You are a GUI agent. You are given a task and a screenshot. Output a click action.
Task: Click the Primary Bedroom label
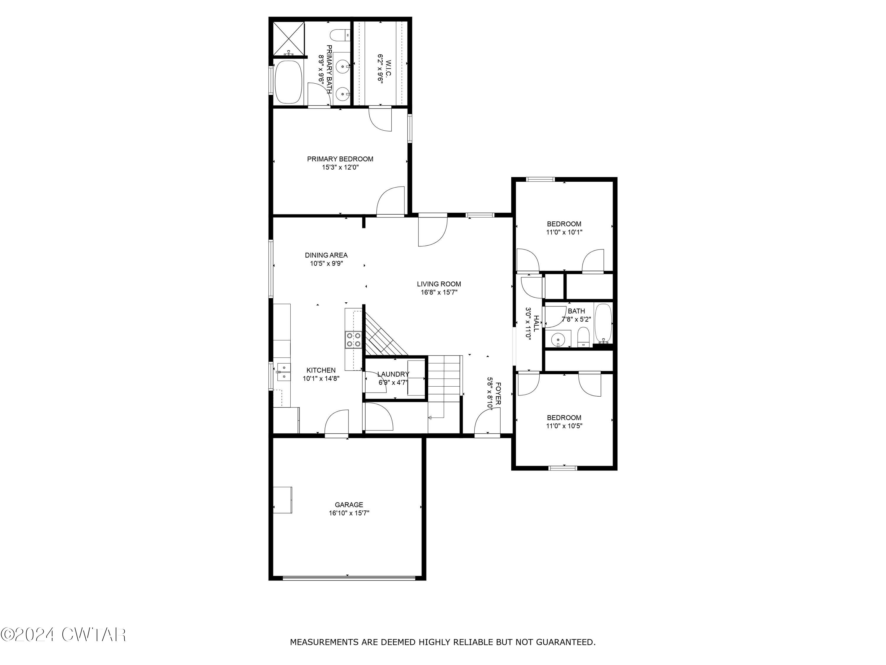(340, 159)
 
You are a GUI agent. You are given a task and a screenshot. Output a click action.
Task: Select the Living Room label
(439, 284)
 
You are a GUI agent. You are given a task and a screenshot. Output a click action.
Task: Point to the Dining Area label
(326, 255)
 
